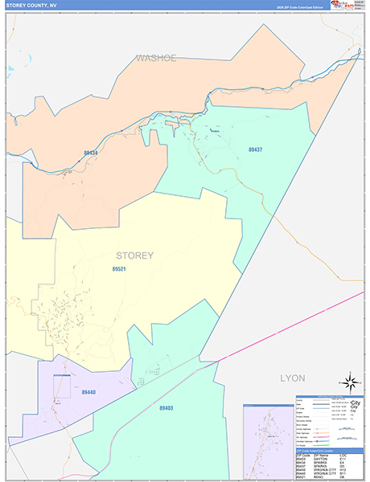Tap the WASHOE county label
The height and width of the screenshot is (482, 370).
point(155,58)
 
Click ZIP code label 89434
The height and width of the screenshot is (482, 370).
point(91,153)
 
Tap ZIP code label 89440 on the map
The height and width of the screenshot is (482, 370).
point(88,391)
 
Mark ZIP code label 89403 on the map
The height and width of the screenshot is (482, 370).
point(166,408)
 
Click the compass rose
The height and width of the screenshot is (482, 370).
point(349,382)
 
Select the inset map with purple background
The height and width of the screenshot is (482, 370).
point(268,441)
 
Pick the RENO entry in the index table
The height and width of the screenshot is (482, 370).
point(319,476)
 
